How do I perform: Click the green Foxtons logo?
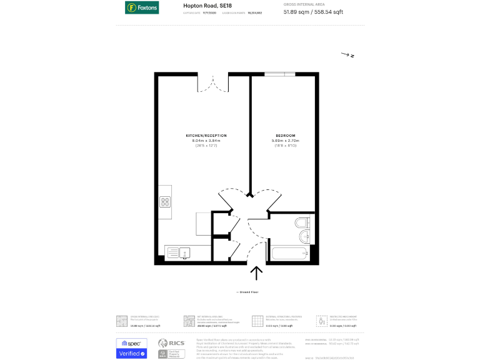[141, 8]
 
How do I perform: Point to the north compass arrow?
[347, 55]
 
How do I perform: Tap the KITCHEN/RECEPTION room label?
[206, 136]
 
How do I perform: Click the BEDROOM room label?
[286, 136]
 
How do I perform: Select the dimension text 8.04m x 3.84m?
[206, 141]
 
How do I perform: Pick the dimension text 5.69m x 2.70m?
[286, 141]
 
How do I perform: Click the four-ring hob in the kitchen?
[166, 201]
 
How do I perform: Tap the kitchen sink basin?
[184, 252]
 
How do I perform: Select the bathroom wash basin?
[304, 236]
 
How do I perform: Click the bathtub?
[289, 254]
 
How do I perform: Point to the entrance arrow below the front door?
[256, 273]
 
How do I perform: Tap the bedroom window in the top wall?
[279, 74]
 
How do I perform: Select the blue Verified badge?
[132, 354]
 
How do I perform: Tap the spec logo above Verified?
[132, 343]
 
